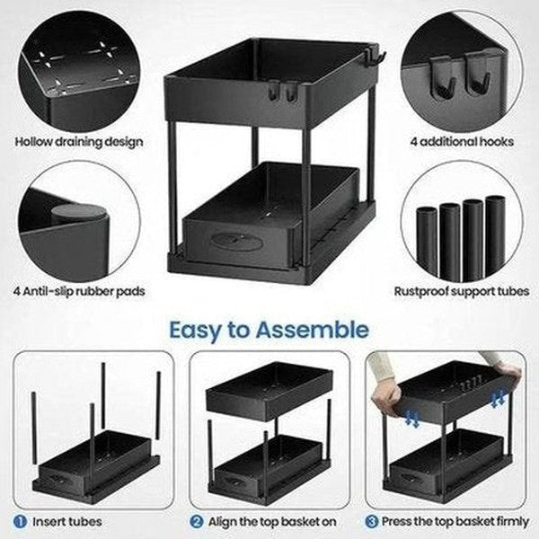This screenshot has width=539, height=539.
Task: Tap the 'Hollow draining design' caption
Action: pos(79,142)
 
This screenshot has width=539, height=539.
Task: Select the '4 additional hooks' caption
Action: pos(461,142)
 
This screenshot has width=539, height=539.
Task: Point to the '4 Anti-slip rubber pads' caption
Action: pos(81,291)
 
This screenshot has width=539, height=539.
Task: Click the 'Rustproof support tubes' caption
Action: pos(462,291)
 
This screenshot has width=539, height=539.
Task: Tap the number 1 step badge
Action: pos(20,521)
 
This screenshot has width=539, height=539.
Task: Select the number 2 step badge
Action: pos(196,521)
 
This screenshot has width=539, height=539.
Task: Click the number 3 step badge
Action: pos(371,521)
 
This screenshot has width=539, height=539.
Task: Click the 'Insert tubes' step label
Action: pos(67,521)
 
